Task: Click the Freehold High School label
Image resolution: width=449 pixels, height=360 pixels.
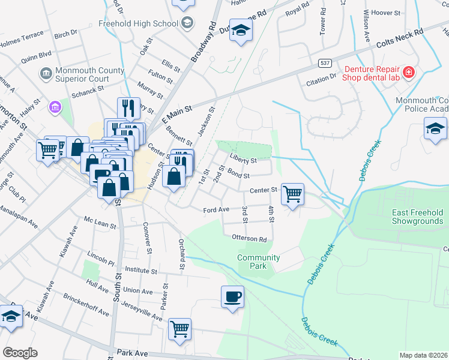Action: tap(138, 23)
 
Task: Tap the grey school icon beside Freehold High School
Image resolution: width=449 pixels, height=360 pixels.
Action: tap(187, 23)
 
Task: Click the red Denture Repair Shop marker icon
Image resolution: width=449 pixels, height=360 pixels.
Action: tap(408, 73)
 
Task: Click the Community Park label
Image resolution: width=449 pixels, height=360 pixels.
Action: tap(258, 262)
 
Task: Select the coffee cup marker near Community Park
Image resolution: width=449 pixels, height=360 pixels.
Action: tap(232, 296)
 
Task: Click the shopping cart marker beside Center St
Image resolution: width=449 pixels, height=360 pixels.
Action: tap(292, 194)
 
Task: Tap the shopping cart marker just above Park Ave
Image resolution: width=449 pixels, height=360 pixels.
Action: tap(179, 329)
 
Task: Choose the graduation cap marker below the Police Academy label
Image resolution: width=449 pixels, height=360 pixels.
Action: tap(435, 128)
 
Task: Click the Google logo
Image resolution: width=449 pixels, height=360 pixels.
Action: tap(20, 353)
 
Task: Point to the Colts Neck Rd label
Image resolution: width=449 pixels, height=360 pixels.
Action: tap(400, 39)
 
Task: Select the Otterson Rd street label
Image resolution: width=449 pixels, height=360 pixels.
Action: tap(250, 238)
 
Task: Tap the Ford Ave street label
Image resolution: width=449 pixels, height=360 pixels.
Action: tap(216, 210)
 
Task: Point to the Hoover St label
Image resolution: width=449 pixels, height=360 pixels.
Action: tap(386, 13)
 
